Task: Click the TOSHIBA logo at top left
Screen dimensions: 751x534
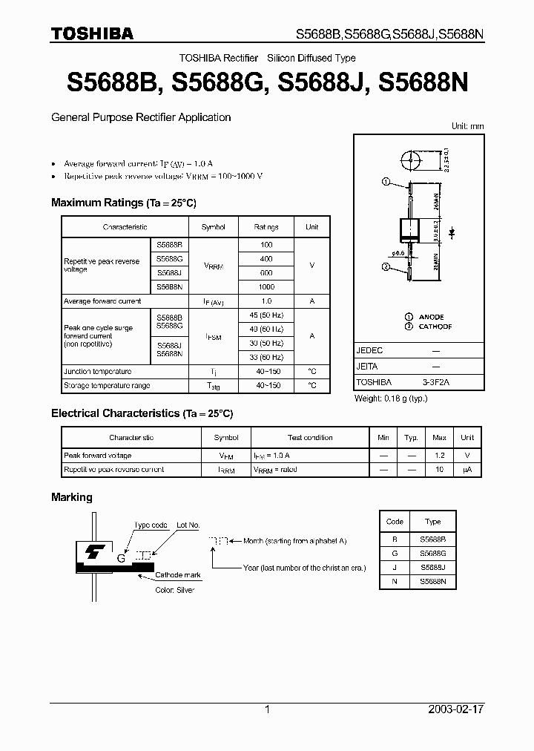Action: [x=92, y=33]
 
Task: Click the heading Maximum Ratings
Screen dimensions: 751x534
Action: [x=96, y=203]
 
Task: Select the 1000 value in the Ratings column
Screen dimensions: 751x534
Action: [x=266, y=287]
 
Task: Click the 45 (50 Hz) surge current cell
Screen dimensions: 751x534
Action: [x=266, y=315]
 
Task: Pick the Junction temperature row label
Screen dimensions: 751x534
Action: [x=98, y=372]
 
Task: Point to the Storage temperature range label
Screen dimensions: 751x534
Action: [x=107, y=386]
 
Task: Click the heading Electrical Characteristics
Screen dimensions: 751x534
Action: [x=115, y=413]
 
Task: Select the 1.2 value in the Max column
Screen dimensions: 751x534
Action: [x=440, y=456]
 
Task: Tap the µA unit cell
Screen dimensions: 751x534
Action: [x=467, y=470]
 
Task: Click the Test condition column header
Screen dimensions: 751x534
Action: [x=310, y=438]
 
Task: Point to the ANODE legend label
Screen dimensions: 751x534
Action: [x=431, y=317]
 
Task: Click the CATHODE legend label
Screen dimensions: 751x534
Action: [x=435, y=327]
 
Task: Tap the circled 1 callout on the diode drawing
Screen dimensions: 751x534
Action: [x=385, y=182]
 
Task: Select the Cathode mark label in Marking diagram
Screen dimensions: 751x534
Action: [x=178, y=575]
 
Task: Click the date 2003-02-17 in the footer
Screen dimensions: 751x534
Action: [x=456, y=709]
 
